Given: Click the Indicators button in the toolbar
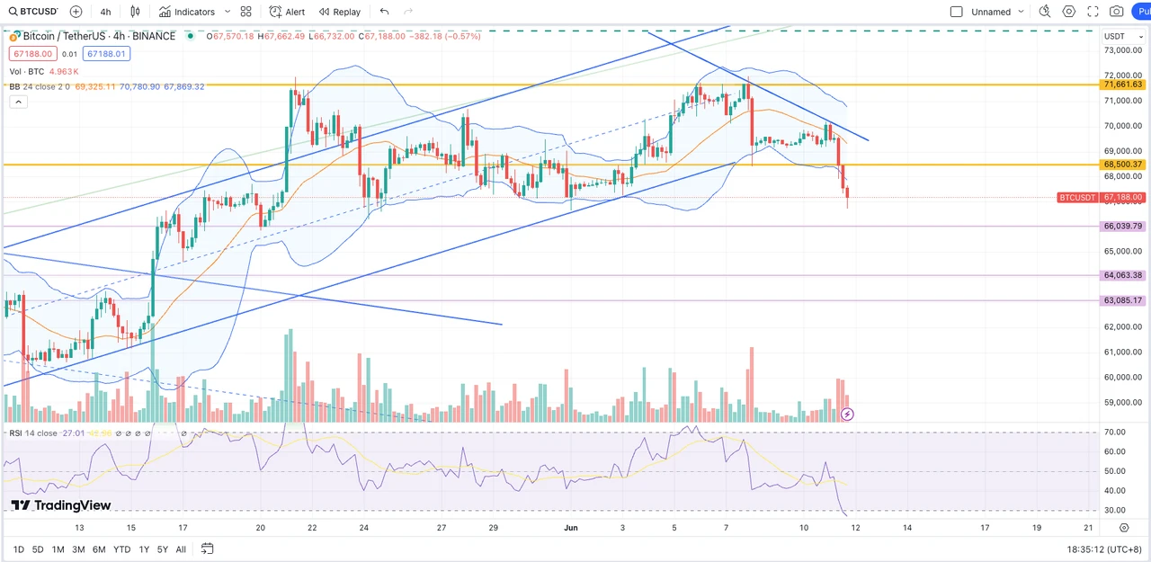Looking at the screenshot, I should (x=187, y=12).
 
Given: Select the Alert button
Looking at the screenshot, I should (x=287, y=12).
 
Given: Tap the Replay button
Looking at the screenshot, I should (x=340, y=12).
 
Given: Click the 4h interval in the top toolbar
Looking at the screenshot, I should (x=106, y=12).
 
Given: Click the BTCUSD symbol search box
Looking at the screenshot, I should (x=33, y=12).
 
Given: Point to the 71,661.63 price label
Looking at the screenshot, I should (x=1122, y=85).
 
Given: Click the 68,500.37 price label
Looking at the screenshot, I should (x=1122, y=165).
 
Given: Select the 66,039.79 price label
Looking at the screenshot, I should (x=1122, y=227).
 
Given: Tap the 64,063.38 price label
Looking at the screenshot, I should (x=1122, y=275).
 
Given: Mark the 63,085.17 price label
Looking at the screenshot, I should (x=1122, y=300).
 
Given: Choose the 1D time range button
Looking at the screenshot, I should (x=19, y=549).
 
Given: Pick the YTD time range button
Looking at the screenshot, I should (x=121, y=549).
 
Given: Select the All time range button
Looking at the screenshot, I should (x=181, y=549).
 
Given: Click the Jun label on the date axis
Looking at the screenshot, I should (x=571, y=528).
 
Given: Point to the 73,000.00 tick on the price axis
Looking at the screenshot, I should (x=1121, y=50).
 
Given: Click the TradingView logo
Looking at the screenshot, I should (x=61, y=505).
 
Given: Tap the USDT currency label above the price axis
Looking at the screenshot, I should (x=1115, y=36).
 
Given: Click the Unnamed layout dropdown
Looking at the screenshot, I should (x=992, y=12).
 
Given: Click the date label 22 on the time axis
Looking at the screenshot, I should (x=311, y=528).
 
